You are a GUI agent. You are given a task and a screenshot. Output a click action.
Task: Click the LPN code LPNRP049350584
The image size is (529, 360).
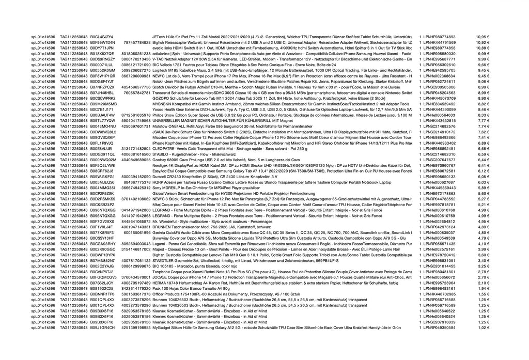point(439,327)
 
